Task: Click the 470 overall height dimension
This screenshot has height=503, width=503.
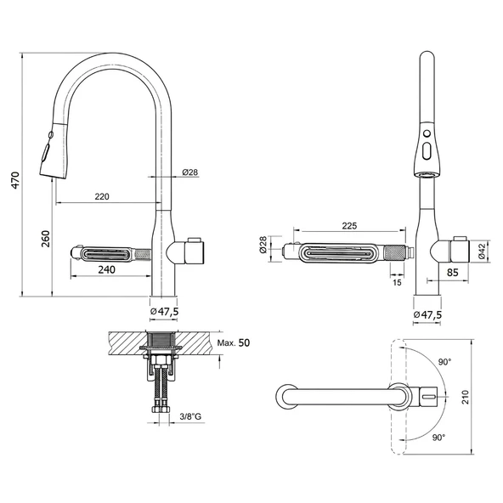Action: coord(15,180)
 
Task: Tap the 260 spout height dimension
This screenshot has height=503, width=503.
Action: coord(46,239)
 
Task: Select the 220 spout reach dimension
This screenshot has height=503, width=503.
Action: coord(102,196)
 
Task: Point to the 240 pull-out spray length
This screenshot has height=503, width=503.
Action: coord(106,269)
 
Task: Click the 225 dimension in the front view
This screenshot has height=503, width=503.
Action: coord(349,226)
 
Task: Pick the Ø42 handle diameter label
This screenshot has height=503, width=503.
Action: coord(482,251)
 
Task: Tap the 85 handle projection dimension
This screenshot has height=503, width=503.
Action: coord(453,273)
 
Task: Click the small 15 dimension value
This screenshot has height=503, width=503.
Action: coord(397,282)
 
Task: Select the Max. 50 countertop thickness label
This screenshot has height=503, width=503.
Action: coord(234,342)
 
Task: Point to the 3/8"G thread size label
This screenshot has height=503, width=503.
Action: coord(190,416)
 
